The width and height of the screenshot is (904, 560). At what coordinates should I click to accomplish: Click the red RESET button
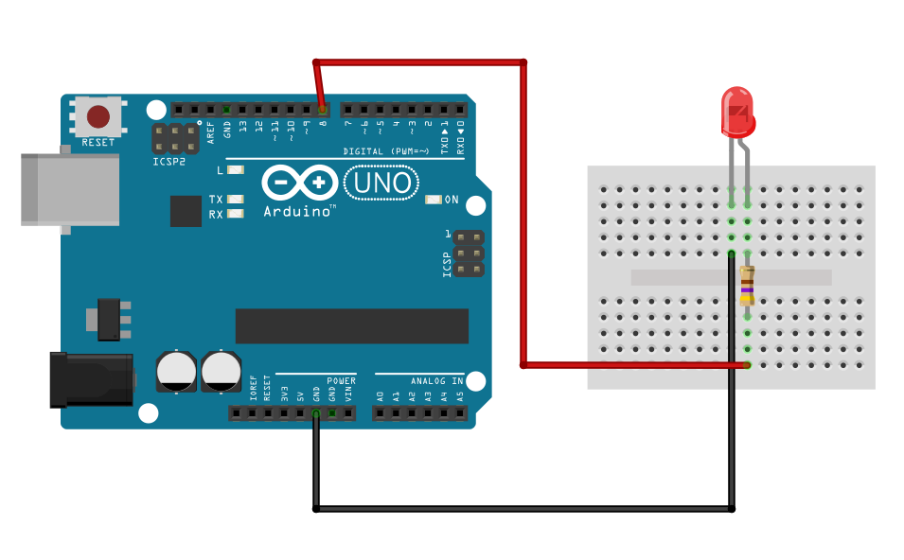[x=98, y=116]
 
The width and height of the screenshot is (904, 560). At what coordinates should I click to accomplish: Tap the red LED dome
[x=737, y=110]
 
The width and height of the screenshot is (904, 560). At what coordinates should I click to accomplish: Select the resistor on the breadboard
[x=747, y=286]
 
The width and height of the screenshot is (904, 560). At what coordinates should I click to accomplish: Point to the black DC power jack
[x=91, y=379]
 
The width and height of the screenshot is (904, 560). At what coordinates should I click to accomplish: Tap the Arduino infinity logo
[x=299, y=182]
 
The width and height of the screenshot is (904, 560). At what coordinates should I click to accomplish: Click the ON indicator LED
[x=434, y=200]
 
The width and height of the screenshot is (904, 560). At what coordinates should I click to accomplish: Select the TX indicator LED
[x=235, y=200]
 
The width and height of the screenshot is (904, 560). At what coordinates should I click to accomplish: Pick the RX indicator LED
[x=235, y=214]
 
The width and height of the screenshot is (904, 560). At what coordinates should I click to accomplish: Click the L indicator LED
[x=235, y=170]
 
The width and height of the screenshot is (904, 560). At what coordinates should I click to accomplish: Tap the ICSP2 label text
[x=168, y=162]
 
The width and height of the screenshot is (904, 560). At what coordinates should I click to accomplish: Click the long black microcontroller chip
[x=351, y=325]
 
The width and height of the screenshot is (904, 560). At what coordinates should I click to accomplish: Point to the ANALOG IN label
[x=436, y=381]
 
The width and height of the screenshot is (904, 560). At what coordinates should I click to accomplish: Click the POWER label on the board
[x=341, y=381]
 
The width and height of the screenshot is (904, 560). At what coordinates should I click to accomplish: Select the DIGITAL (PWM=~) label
[x=385, y=151]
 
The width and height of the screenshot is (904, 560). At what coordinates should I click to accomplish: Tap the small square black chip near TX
[x=186, y=211]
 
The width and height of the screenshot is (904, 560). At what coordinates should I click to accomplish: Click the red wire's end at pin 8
[x=323, y=110]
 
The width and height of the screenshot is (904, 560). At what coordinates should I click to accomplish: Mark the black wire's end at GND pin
[x=316, y=413]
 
